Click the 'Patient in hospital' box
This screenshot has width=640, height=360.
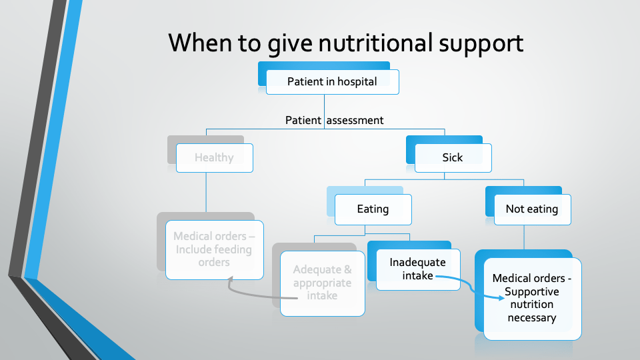click(x=332, y=82)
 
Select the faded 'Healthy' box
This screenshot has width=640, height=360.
click(x=214, y=158)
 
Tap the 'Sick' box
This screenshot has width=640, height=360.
click(x=453, y=158)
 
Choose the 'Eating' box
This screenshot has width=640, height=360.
click(x=373, y=209)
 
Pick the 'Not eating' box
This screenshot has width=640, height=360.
click(x=532, y=209)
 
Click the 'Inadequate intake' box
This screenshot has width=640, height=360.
click(x=417, y=269)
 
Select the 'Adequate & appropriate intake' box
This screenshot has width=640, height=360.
click(x=323, y=283)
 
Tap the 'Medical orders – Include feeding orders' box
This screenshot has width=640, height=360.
click(x=214, y=249)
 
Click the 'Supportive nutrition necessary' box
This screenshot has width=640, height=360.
click(x=532, y=298)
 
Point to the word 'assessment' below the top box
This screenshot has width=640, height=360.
click(x=355, y=121)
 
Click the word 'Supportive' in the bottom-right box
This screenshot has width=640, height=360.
click(x=532, y=292)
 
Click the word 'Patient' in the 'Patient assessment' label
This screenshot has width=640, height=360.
click(x=303, y=121)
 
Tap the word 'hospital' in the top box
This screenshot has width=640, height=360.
click(x=355, y=82)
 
